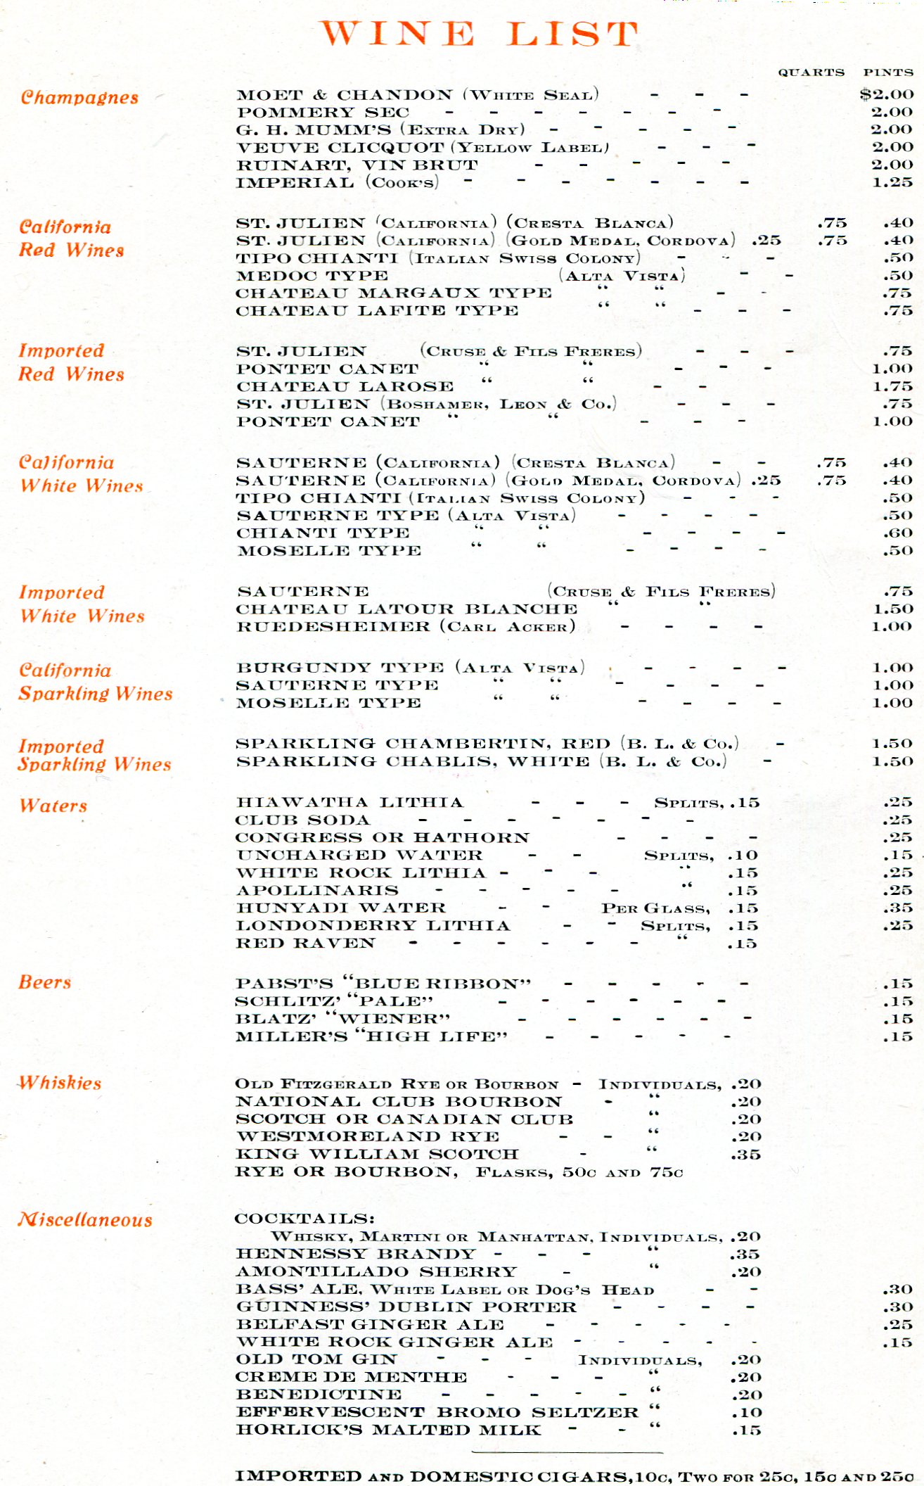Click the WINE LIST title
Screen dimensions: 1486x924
point(479,34)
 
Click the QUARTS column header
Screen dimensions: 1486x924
point(811,72)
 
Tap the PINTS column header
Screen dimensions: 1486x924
point(888,72)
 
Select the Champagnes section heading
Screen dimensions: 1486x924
point(79,97)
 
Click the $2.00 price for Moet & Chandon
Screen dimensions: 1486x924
point(887,94)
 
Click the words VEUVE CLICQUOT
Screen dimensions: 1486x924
point(340,148)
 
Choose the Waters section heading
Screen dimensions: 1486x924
point(53,806)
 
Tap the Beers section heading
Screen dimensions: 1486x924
point(45,982)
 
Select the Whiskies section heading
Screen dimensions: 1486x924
point(60,1083)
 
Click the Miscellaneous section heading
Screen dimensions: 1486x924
point(85,1219)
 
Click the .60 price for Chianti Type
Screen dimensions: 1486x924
point(898,533)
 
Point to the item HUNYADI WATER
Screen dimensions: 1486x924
point(341,908)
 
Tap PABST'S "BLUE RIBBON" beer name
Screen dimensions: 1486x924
point(383,984)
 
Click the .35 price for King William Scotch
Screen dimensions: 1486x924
point(745,1155)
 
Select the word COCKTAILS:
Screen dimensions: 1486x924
point(304,1219)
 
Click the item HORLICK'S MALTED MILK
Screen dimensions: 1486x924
point(388,1430)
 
